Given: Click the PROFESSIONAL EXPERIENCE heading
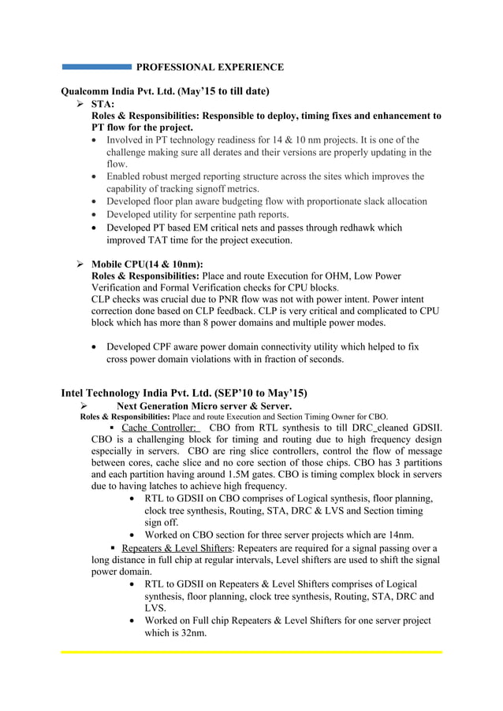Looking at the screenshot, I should pos(210,67).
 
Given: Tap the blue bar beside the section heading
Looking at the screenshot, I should pos(96,67).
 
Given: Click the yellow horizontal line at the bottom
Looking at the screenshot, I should pos(251,652).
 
